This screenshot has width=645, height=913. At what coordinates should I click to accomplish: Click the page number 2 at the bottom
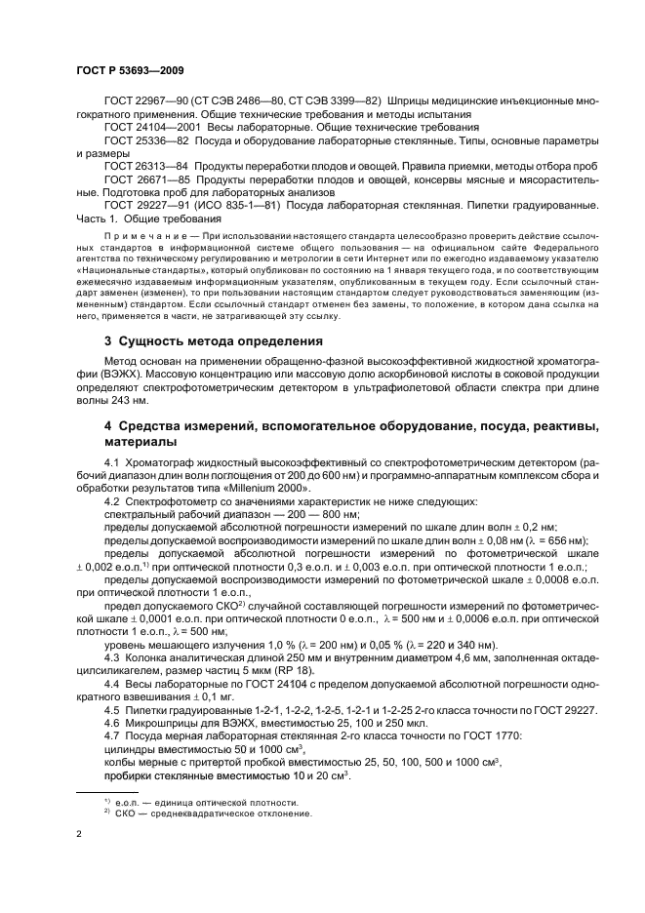[79, 835]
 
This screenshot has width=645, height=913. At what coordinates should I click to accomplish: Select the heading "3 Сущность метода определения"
[216, 341]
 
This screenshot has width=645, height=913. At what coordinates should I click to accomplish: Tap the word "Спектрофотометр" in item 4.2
[170, 500]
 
